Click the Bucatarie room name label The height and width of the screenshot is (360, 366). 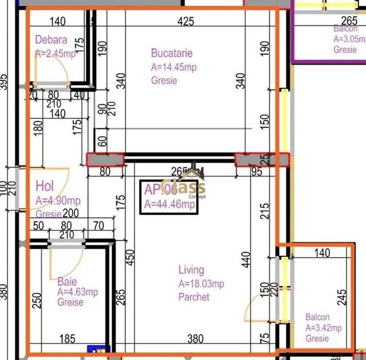171,53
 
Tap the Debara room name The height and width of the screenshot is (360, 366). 51,40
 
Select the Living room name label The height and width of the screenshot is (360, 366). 191,270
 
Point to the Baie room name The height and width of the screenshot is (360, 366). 67,281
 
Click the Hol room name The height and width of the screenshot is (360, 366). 44,187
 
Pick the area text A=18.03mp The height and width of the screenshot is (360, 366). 201,284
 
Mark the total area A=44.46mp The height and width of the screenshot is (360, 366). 169,205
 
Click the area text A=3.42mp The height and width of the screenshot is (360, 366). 323,328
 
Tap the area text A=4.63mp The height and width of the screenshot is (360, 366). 78,292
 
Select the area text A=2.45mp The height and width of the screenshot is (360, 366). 56,54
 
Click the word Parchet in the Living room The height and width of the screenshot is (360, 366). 194,297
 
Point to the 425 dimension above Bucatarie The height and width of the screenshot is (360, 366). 185,22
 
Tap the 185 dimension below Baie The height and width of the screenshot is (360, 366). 66,340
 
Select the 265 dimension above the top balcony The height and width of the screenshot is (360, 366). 349,20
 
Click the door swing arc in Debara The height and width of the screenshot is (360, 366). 54,75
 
